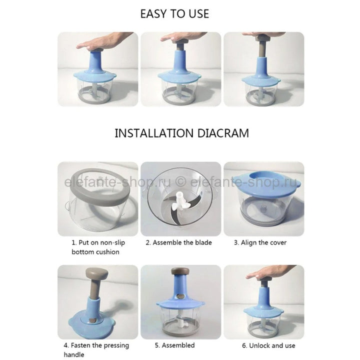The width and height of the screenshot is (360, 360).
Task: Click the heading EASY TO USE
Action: tap(174, 14)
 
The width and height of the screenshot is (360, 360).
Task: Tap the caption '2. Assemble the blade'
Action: tap(178, 242)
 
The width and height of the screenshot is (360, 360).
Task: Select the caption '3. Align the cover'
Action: tap(260, 242)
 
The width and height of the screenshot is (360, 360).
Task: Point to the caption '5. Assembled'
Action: tap(174, 345)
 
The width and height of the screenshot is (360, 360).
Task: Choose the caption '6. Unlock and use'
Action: tap(268, 345)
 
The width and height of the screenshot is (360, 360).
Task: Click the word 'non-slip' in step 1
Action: tap(112, 242)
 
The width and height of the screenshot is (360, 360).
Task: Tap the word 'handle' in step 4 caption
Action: tap(74, 354)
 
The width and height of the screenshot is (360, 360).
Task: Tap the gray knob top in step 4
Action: tap(96, 273)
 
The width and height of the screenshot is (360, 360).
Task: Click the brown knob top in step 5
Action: tap(180, 271)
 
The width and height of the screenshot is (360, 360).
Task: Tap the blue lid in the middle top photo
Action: tap(179, 76)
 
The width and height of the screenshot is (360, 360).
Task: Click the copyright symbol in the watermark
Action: tap(180, 182)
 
